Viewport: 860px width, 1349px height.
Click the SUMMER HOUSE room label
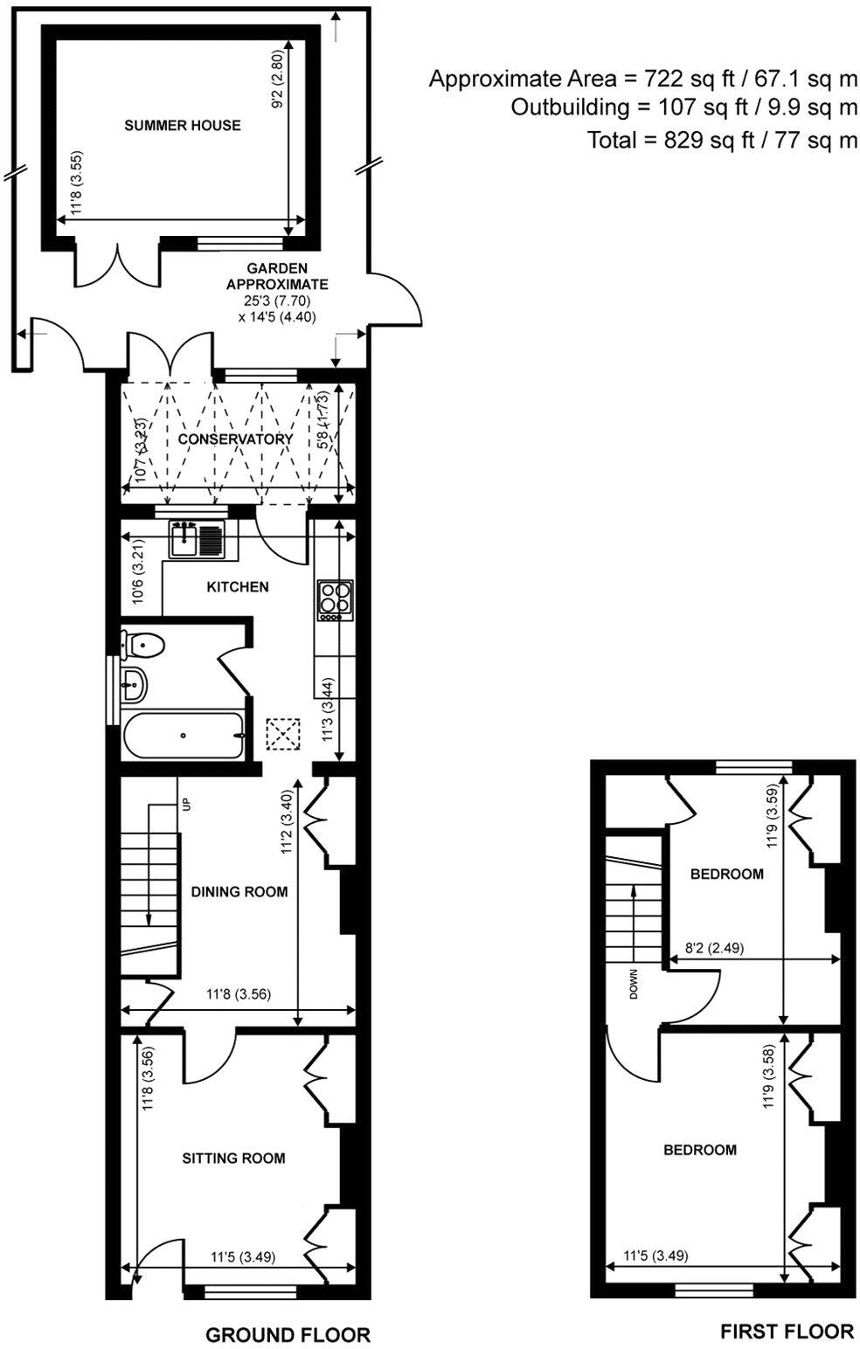[182, 125]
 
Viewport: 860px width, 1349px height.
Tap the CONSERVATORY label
[235, 439]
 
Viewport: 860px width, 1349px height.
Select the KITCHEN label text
[237, 586]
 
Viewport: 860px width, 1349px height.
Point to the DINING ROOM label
[239, 892]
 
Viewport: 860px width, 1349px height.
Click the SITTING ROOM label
[233, 1158]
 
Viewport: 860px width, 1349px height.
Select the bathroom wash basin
[134, 686]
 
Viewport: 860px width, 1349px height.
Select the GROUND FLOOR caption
[288, 1334]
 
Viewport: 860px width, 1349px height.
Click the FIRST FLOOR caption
[787, 1331]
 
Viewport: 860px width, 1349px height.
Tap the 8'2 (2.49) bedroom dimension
[712, 947]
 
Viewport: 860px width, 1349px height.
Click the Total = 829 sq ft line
[722, 140]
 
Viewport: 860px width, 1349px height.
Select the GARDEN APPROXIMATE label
[277, 276]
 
